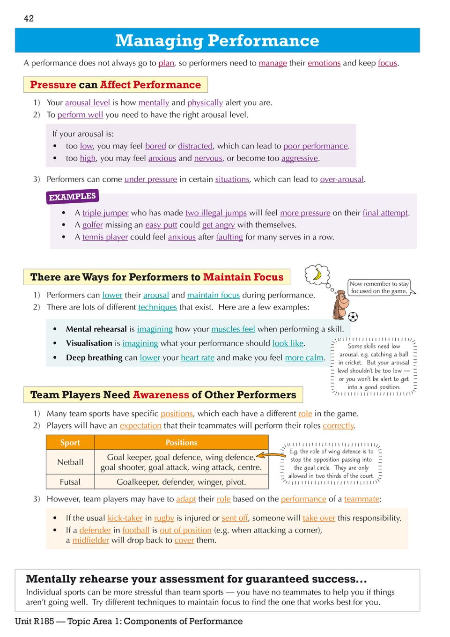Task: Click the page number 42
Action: coord(29,19)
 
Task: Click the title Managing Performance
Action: coord(217,41)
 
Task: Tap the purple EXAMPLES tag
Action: coord(72,197)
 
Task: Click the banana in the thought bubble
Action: coord(317,274)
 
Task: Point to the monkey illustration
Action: coord(340,305)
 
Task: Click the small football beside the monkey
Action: coord(353,317)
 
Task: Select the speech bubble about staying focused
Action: coord(379,287)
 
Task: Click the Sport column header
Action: coord(70,443)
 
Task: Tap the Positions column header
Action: coord(181,443)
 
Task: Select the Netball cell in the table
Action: coord(70,462)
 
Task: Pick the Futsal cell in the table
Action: coord(70,482)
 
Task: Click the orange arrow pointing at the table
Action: coord(268,454)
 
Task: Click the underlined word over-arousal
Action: coord(342,179)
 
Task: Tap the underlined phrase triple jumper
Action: coord(105,213)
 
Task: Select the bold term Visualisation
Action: coord(89,343)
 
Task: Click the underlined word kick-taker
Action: coord(125,518)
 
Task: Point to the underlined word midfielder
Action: coord(90,541)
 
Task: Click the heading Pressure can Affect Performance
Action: coord(115,85)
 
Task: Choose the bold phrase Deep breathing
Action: coord(94,358)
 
